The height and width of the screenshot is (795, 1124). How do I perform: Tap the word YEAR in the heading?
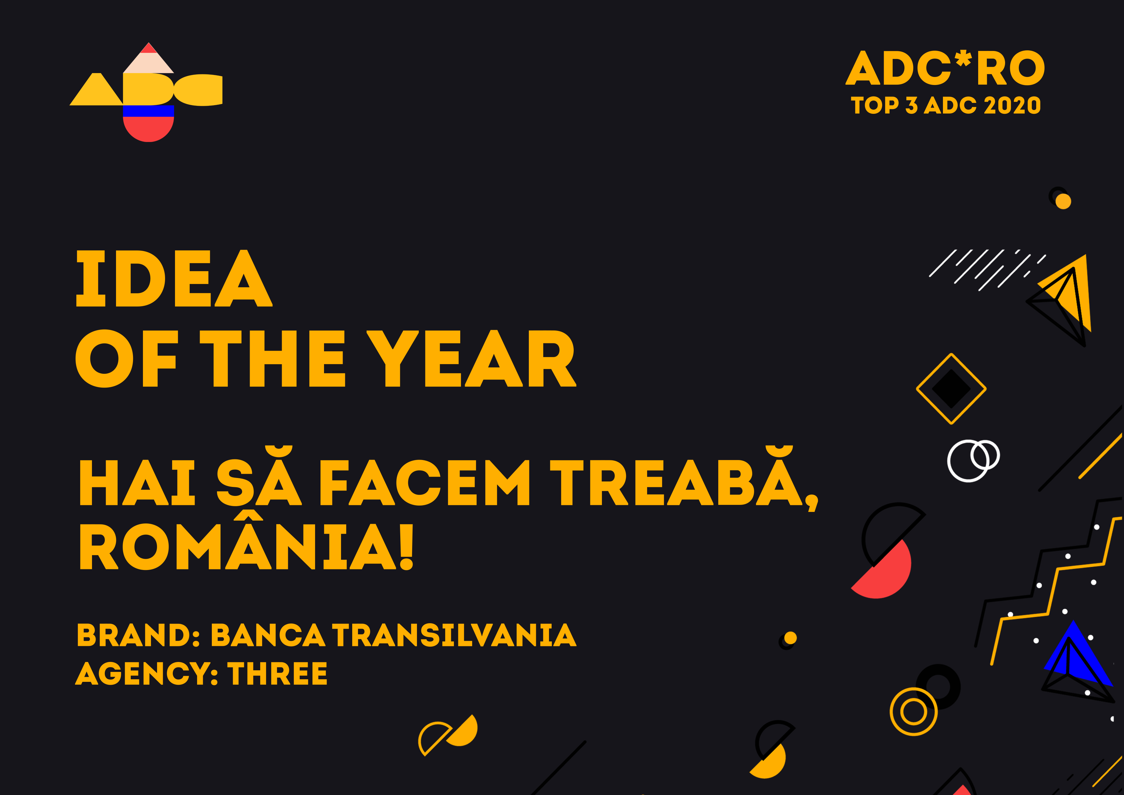pyautogui.click(x=471, y=358)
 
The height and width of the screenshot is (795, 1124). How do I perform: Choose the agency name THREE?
pyautogui.click(x=277, y=673)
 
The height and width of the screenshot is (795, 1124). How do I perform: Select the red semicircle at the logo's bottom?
pyautogui.click(x=148, y=129)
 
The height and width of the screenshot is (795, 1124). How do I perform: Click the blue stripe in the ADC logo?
pyautogui.click(x=148, y=111)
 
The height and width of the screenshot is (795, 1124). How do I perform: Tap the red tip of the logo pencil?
pyautogui.click(x=148, y=48)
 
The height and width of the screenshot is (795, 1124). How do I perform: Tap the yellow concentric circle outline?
pyautogui.click(x=913, y=711)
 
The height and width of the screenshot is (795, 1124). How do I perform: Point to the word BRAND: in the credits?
pyautogui.click(x=138, y=635)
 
